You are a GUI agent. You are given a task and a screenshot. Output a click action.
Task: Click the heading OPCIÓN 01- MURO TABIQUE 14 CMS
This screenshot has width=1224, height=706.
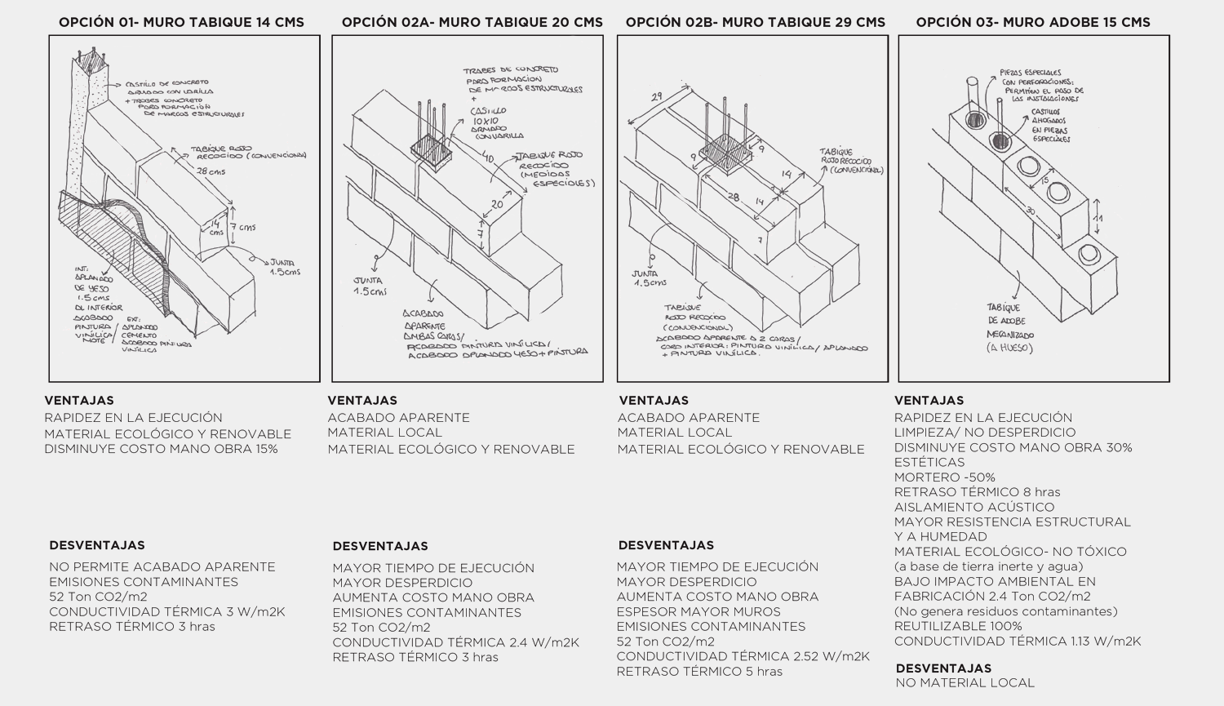point(181,22)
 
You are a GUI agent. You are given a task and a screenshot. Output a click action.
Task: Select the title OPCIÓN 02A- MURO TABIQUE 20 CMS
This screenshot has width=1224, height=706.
point(472,22)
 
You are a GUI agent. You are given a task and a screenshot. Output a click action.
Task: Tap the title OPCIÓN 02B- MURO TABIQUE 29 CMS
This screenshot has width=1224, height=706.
point(755,22)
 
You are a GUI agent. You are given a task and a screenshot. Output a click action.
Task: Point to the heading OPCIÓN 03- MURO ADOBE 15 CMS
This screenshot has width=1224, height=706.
point(1033,22)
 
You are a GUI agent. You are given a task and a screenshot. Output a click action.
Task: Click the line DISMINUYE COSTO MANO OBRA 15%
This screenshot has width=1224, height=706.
point(161,449)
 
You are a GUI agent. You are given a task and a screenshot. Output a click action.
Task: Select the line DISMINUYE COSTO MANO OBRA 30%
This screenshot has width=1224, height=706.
point(1013,447)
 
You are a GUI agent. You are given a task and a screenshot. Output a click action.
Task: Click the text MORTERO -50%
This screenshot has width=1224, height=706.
point(944,477)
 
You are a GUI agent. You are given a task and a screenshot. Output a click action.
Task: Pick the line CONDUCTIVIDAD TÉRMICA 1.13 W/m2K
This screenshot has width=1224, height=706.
point(1017,641)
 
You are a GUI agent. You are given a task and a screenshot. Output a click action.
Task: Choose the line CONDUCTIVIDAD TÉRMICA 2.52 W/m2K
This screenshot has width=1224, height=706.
point(743,656)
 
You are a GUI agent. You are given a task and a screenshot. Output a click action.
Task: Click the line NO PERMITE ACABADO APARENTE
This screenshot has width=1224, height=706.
point(162,566)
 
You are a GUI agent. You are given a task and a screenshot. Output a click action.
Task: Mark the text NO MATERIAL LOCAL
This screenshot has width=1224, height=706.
point(965,682)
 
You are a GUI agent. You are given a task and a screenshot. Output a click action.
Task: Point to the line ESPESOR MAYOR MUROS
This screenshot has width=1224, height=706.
point(698,611)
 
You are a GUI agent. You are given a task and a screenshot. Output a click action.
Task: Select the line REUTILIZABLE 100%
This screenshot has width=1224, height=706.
point(957,626)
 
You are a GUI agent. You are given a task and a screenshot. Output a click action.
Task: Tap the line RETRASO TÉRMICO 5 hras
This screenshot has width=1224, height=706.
point(698,671)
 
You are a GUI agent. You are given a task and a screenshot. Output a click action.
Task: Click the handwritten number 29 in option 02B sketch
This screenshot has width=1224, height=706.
point(655,97)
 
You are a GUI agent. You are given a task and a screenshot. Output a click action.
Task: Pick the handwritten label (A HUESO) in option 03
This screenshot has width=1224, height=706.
point(1009,348)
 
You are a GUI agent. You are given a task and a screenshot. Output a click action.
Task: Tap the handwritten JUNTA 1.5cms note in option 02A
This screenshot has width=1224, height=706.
point(370,286)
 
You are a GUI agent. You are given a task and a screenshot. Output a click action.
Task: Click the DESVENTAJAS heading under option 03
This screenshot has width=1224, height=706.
point(943,668)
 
